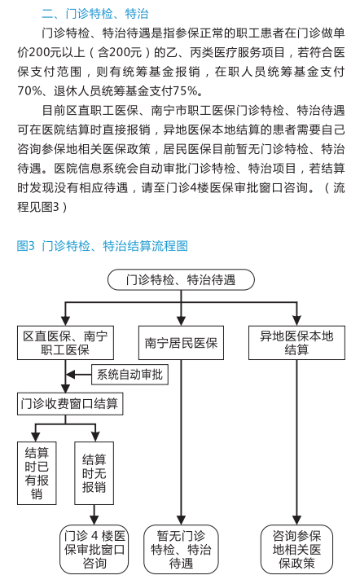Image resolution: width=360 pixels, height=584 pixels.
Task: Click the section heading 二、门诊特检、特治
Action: (x=95, y=14)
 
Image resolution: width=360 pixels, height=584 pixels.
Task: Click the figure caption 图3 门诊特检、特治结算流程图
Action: (x=103, y=246)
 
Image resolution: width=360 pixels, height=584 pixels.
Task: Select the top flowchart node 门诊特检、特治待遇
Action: (x=181, y=280)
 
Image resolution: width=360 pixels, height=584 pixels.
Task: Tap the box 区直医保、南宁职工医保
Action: (x=65, y=343)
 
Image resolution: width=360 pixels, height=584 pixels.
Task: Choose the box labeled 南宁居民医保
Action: (x=181, y=343)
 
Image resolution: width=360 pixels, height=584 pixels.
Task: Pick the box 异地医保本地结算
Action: (x=296, y=343)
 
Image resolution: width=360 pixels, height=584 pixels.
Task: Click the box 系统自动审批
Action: (x=130, y=375)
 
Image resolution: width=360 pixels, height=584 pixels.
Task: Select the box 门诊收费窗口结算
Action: (x=70, y=404)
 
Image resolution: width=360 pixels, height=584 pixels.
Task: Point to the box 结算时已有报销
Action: (x=37, y=473)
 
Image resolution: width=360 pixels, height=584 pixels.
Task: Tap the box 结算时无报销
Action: (x=94, y=473)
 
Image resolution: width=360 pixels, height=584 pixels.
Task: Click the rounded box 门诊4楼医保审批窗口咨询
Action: (x=94, y=549)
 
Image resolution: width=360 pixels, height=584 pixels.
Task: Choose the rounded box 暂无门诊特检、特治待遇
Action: (x=181, y=549)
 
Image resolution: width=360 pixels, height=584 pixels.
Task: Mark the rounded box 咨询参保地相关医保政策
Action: (x=296, y=549)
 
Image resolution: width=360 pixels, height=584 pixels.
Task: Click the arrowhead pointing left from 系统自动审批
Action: (x=70, y=375)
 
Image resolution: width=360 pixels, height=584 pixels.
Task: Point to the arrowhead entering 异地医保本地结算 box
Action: (x=296, y=321)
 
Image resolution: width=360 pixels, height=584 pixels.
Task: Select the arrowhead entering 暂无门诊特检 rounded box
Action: (x=181, y=520)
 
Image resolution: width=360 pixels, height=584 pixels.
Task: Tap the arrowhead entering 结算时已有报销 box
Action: (x=36, y=437)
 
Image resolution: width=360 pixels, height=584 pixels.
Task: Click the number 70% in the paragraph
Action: (x=29, y=90)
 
